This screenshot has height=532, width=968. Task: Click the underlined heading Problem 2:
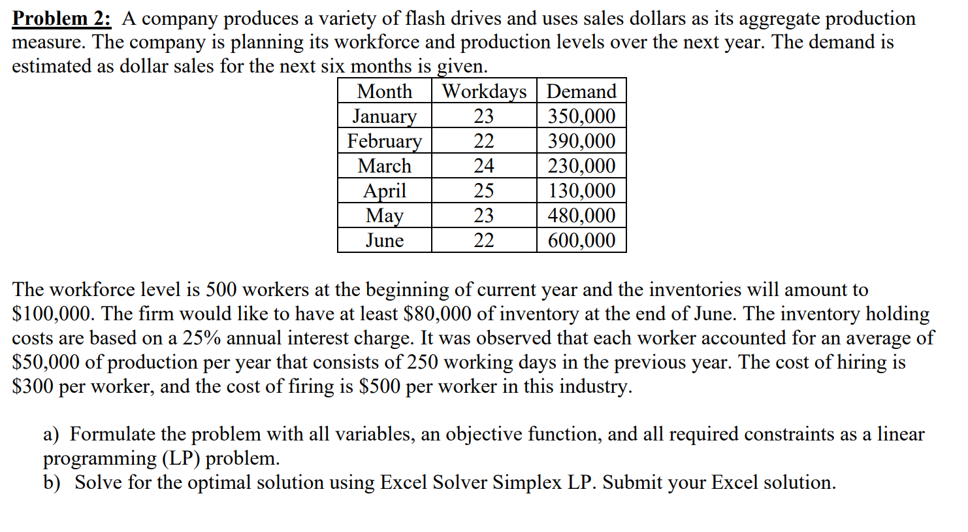tap(62, 18)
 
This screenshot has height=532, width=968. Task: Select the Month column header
tap(385, 91)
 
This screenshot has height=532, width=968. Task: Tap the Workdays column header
tap(484, 91)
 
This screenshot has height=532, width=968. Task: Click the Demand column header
tap(581, 91)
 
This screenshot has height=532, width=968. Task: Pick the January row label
tap(385, 116)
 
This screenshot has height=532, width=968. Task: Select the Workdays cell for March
tap(484, 165)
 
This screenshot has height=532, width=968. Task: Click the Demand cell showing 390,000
tap(581, 141)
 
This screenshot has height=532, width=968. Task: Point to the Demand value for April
tap(581, 190)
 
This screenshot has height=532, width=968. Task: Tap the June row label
tap(385, 240)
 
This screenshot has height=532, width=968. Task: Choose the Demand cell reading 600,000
tap(581, 240)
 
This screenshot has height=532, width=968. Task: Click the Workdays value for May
tap(484, 215)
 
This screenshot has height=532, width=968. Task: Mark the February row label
tap(385, 141)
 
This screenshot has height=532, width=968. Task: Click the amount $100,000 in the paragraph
tap(52, 314)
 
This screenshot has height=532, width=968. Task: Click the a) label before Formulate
tap(52, 434)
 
